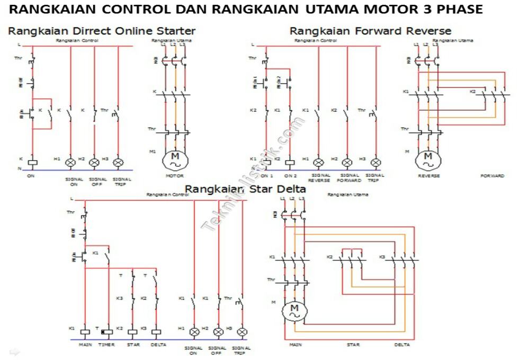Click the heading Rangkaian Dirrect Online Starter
click(102, 31)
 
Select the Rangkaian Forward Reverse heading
click(370, 31)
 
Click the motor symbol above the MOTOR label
click(174, 158)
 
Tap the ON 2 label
click(290, 176)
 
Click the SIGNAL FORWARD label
click(350, 178)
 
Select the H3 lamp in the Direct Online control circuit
click(118, 162)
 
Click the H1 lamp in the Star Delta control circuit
click(194, 332)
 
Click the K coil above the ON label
click(32, 162)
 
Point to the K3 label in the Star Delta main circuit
click(382, 257)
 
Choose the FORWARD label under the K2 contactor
click(493, 176)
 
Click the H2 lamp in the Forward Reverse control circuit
click(347, 162)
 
